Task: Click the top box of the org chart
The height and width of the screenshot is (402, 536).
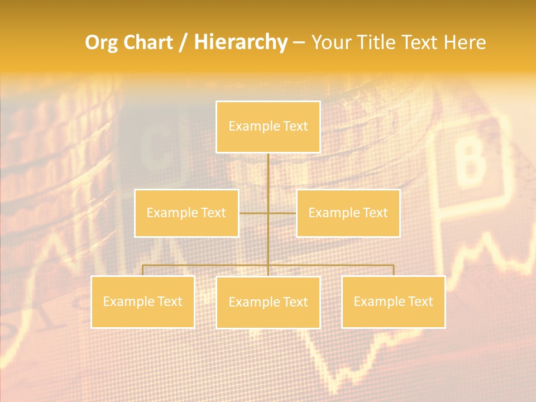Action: point(268,127)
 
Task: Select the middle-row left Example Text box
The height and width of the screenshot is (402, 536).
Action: point(186,213)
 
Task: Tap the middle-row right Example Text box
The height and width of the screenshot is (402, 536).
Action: point(348,213)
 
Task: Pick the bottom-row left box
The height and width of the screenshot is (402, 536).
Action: point(142,301)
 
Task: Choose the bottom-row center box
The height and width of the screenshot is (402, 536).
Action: point(268,302)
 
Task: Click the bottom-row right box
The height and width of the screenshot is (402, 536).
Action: point(393,301)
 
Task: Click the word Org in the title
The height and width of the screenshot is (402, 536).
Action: point(100,42)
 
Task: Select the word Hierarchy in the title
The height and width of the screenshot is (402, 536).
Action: point(240,42)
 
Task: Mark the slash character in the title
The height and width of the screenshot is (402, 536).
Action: point(183,43)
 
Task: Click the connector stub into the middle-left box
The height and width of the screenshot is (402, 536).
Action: point(253,213)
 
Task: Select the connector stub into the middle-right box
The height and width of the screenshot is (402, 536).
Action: point(283,213)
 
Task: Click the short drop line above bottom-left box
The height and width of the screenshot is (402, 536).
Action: point(142,270)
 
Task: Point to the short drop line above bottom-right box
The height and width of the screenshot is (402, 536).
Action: point(393,270)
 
